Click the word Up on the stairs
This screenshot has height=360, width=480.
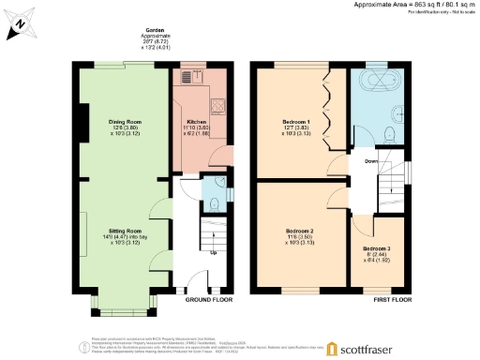(213, 252)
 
